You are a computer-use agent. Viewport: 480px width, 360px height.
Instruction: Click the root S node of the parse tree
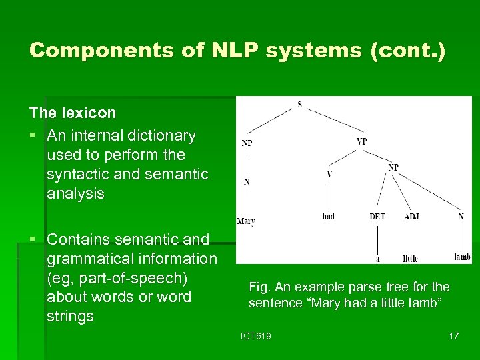[x=299, y=104]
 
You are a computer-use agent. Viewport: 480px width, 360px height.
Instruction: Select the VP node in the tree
[x=361, y=141]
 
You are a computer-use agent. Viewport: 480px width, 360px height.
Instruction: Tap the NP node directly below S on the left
[x=247, y=143]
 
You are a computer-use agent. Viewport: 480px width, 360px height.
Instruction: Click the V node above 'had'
[x=329, y=175]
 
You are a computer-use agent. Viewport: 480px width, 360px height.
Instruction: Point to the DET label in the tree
[x=377, y=217]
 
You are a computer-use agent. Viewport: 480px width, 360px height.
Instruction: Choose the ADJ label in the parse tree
[x=411, y=217]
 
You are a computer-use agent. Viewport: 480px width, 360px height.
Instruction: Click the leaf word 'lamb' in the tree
[x=462, y=257]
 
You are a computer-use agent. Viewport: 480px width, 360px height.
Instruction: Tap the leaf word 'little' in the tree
[x=410, y=258]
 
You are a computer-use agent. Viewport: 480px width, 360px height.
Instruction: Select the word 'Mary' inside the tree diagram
[x=245, y=221]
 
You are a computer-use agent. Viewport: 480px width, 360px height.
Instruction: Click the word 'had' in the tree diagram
[x=328, y=217]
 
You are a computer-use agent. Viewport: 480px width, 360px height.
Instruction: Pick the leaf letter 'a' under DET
[x=377, y=259]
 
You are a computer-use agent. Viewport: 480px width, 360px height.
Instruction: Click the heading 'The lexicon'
[x=73, y=113]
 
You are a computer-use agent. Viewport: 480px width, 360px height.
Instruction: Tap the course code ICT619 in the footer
[x=257, y=336]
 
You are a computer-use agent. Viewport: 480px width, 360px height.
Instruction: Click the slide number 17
[x=453, y=336]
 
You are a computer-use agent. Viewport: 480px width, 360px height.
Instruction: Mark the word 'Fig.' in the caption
[x=259, y=287]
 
